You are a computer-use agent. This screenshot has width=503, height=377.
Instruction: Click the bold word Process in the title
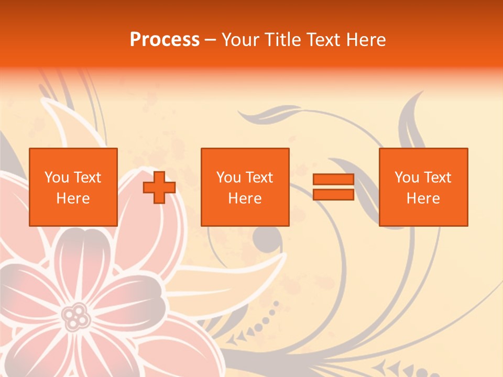pyautogui.click(x=165, y=39)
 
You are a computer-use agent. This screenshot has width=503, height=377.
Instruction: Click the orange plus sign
pyautogui.click(x=159, y=187)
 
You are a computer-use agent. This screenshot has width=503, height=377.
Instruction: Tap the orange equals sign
pyautogui.click(x=333, y=187)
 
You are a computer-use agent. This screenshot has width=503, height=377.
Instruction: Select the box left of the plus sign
pyautogui.click(x=73, y=187)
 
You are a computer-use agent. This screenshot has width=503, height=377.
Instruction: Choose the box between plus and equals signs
pyautogui.click(x=245, y=187)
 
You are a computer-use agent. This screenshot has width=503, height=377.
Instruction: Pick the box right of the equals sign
pyautogui.click(x=423, y=187)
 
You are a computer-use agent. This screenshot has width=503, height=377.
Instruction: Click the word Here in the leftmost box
pyautogui.click(x=73, y=198)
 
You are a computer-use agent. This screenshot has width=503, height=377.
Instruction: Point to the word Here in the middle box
pyautogui.click(x=245, y=198)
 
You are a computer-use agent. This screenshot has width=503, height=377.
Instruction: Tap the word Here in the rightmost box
pyautogui.click(x=423, y=198)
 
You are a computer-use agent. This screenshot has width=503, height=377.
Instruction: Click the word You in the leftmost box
pyautogui.click(x=57, y=178)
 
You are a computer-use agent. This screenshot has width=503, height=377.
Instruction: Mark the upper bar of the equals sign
pyautogui.click(x=333, y=180)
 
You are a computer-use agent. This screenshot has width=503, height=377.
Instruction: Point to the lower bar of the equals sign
pyautogui.click(x=333, y=194)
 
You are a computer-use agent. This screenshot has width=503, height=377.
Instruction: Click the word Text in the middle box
pyautogui.click(x=259, y=178)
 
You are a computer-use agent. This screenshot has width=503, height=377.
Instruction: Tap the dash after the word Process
pyautogui.click(x=211, y=40)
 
